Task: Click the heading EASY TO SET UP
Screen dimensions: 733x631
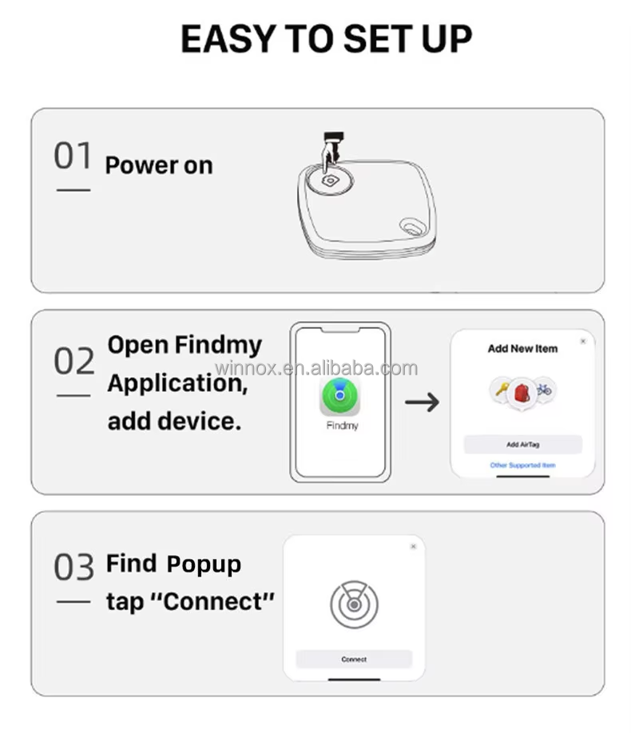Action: (x=326, y=39)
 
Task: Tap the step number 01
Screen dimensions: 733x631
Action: (x=73, y=156)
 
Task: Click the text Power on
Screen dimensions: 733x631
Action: (x=159, y=165)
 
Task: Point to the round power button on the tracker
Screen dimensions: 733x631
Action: (x=329, y=180)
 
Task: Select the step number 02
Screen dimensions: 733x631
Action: (x=73, y=362)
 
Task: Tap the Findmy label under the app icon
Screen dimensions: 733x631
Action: (x=342, y=426)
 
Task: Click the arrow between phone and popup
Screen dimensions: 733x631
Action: (x=422, y=402)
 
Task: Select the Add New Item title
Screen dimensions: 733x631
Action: (x=522, y=349)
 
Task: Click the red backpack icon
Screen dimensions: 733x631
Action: (x=522, y=392)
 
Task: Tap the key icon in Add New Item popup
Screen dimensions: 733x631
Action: (x=502, y=390)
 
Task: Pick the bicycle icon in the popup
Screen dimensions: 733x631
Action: (x=545, y=390)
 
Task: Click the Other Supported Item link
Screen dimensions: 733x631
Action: (x=522, y=465)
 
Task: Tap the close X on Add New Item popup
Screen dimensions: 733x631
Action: (x=583, y=341)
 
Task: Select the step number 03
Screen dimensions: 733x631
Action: (x=73, y=568)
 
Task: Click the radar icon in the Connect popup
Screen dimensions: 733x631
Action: (x=354, y=604)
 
